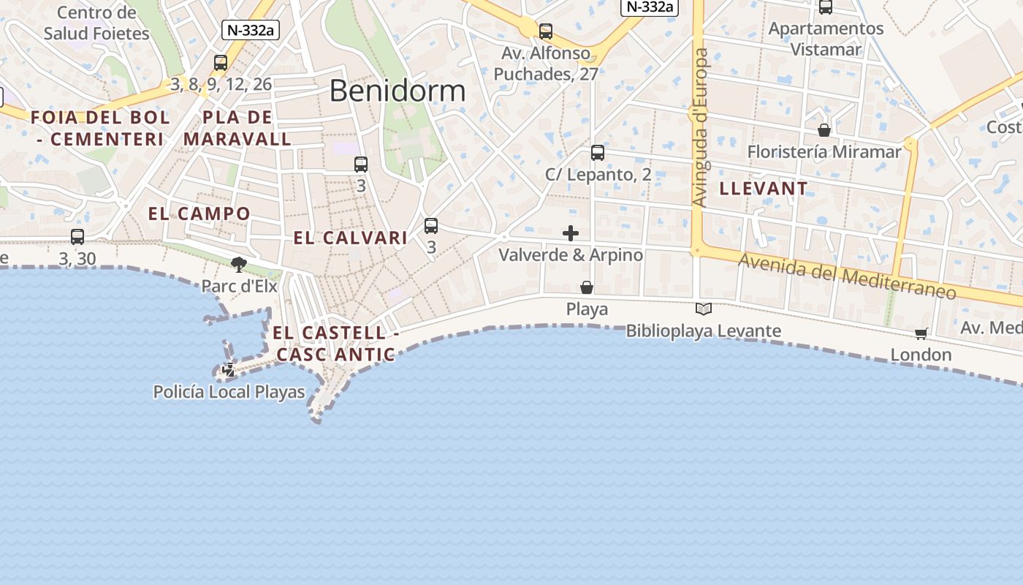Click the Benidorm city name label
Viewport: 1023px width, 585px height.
pos(397,91)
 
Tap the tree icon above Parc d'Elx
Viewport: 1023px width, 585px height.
pos(238,264)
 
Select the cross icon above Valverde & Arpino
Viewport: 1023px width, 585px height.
pos(571,233)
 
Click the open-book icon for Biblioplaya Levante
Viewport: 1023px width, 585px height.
pos(704,309)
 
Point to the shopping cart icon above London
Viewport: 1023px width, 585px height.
pos(921,334)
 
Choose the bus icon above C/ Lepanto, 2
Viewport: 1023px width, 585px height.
pos(598,153)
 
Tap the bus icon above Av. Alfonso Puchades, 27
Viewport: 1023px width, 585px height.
pos(546,31)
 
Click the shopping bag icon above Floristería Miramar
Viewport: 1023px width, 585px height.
pos(824,130)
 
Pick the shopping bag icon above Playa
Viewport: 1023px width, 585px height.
pos(587,287)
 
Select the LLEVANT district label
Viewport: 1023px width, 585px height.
pos(764,189)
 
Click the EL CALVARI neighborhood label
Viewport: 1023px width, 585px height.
pos(350,238)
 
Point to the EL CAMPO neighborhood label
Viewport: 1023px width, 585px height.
pos(199,214)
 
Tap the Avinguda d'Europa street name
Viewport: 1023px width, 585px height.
pos(701,128)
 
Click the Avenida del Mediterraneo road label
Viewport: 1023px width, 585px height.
pos(847,276)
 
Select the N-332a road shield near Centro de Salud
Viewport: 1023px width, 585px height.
pos(251,30)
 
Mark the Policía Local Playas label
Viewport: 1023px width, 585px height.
pos(229,392)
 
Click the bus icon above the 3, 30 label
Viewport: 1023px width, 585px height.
pos(77,237)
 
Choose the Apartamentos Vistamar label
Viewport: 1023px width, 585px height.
pos(826,39)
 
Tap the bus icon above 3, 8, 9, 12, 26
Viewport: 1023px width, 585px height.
pos(221,63)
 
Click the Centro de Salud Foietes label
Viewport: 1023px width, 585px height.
pos(96,23)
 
